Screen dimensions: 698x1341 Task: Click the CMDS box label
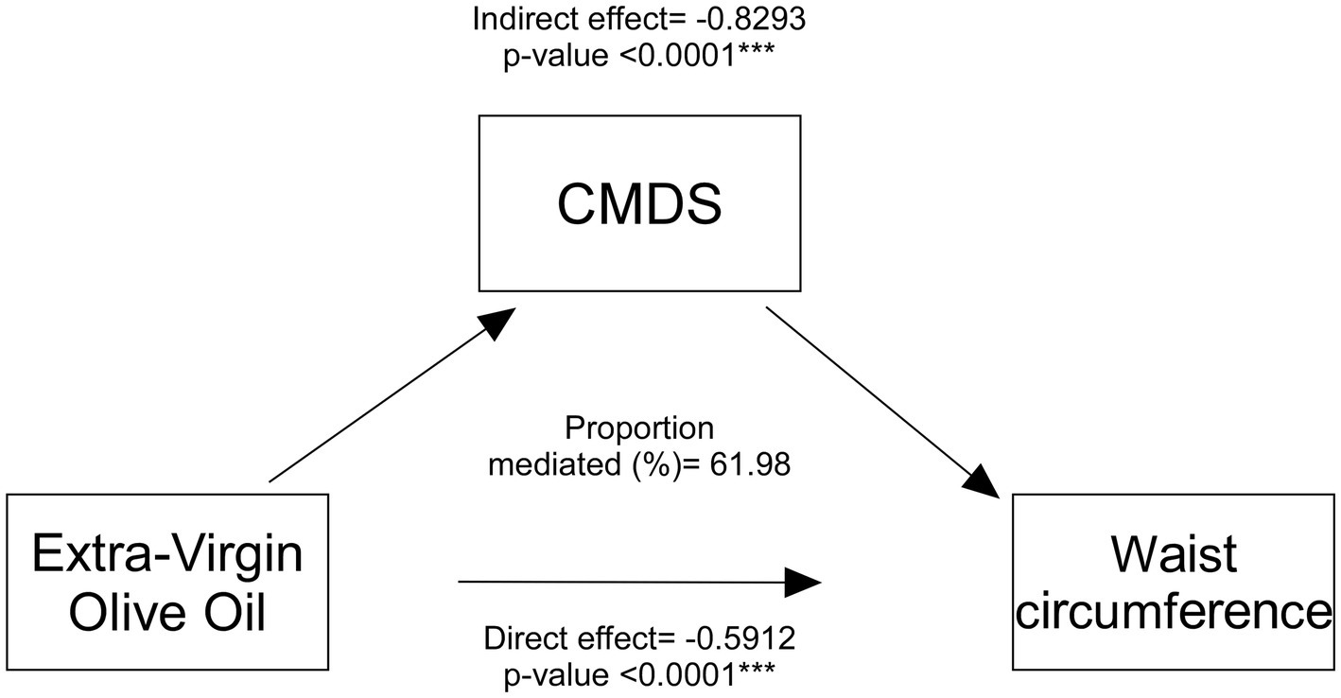coord(639,203)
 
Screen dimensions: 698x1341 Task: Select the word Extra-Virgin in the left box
coord(167,554)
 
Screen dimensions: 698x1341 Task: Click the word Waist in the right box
coord(1175,554)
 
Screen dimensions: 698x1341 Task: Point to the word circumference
coord(1175,612)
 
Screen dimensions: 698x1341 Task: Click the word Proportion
coord(639,428)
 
